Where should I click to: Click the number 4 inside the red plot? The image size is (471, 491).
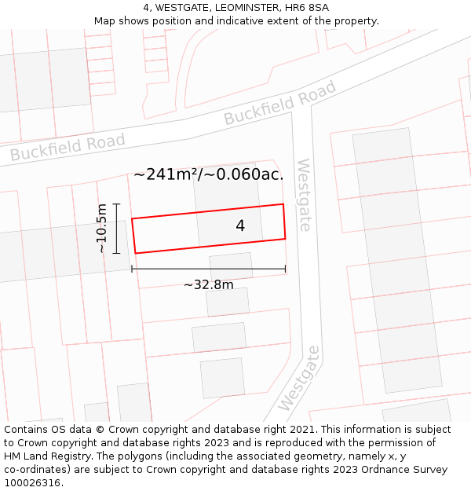coord(240,226)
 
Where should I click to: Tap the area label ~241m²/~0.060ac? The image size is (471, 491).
coord(209,174)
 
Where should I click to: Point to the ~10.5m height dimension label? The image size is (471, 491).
coord(101,229)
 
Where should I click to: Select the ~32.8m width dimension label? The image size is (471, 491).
coord(209,284)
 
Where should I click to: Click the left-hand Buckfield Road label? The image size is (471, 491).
coord(68,147)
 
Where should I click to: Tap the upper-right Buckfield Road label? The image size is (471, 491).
coord(280,102)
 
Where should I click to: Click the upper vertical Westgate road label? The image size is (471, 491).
coord(303,195)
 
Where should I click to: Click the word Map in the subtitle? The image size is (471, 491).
coord(105,20)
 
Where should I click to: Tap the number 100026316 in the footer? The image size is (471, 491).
coord(34,482)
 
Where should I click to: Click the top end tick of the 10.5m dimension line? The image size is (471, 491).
coord(116,204)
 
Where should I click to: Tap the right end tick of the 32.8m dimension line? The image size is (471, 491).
coord(285,269)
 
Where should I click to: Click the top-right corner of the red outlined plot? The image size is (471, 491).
coord(283,204)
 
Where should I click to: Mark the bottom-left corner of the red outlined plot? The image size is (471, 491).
coord(136,253)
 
